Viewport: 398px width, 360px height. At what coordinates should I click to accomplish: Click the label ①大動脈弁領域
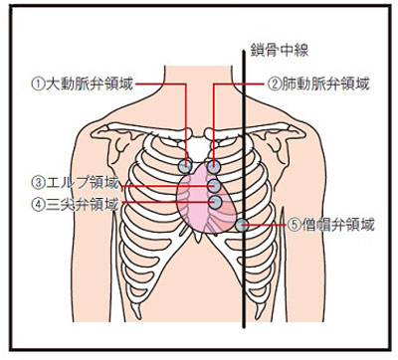click(83, 85)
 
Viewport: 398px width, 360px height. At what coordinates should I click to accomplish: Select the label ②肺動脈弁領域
click(318, 85)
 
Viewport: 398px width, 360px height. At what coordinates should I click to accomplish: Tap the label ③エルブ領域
click(75, 183)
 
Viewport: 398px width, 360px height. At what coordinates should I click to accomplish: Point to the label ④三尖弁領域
click(75, 204)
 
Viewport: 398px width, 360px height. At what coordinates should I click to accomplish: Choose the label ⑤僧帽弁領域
click(330, 226)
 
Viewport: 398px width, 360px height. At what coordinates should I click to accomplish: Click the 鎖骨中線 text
click(280, 51)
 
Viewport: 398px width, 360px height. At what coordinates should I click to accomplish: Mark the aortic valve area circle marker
click(185, 166)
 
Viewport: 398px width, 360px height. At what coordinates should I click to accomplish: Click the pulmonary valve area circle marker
click(214, 166)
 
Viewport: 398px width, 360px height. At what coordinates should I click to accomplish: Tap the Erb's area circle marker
click(214, 187)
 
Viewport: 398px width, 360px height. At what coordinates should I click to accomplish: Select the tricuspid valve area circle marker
click(215, 202)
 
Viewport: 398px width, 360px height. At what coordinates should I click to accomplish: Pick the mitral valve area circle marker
click(242, 226)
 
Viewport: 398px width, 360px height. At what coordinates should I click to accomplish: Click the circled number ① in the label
click(38, 85)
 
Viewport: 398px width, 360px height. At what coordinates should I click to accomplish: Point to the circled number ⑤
click(294, 226)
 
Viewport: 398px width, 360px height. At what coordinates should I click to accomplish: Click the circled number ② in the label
click(274, 85)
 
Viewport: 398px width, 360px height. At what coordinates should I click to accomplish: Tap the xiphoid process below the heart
click(199, 236)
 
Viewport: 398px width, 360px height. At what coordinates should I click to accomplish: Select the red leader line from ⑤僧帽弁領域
click(264, 225)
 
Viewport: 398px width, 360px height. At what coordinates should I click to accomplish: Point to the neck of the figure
click(199, 90)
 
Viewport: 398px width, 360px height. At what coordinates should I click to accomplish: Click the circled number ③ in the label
click(38, 183)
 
